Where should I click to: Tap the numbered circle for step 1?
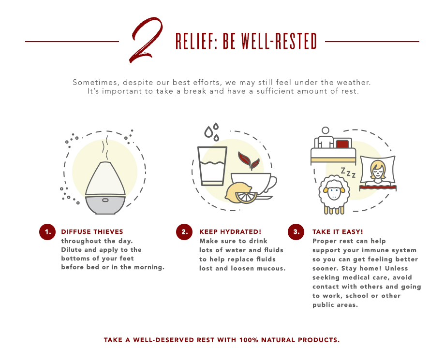tap(47, 232)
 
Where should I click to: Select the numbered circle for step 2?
tap(184, 232)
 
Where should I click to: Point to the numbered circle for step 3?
tap(296, 232)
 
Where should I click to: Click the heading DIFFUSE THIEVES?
tap(92, 232)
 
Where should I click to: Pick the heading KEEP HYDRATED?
tap(230, 232)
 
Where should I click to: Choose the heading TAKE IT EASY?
tap(338, 232)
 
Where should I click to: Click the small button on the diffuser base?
tap(105, 200)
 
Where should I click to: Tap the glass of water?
tap(212, 166)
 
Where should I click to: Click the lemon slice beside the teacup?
tap(246, 197)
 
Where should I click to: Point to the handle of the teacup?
tap(271, 184)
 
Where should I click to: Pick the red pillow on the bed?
tap(342, 144)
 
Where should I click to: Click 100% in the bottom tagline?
tap(249, 340)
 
